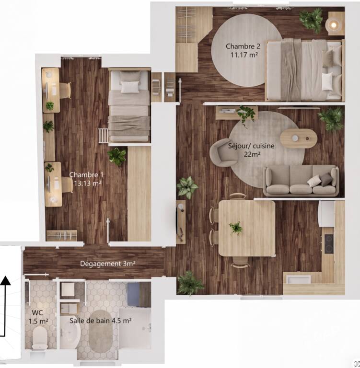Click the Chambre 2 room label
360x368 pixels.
(243, 46)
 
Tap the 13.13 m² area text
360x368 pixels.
(88, 183)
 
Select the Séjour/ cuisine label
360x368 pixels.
(251, 146)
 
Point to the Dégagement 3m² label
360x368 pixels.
(108, 264)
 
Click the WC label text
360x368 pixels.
(37, 312)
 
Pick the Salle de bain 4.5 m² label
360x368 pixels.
(100, 321)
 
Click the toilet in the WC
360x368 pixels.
(39, 337)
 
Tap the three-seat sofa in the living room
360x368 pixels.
(301, 180)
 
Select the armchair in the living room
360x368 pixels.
(223, 152)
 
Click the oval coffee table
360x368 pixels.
(299, 138)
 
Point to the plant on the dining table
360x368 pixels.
(236, 228)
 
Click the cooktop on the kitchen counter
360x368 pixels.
(329, 244)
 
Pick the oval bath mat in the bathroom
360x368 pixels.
(101, 331)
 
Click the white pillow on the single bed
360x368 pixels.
(130, 87)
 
